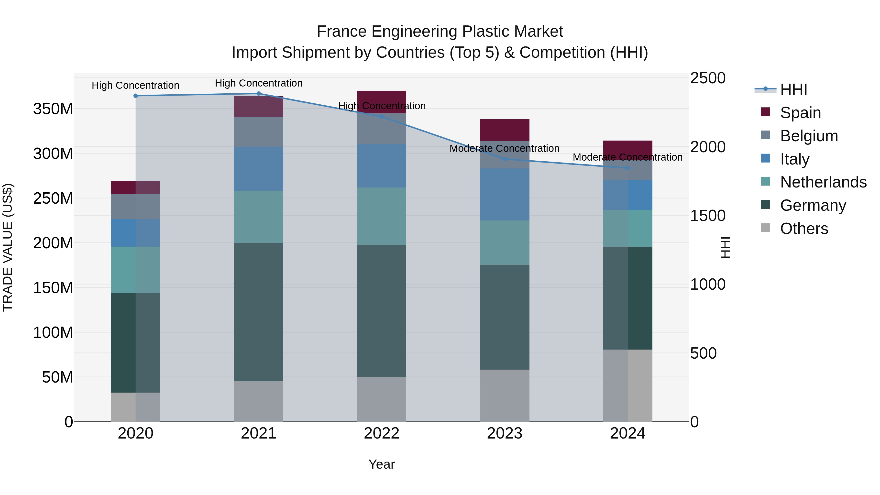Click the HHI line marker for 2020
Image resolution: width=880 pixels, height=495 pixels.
[x=136, y=96]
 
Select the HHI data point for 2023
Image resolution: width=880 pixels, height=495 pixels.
[x=505, y=159]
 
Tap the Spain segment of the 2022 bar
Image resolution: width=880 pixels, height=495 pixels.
[x=382, y=97]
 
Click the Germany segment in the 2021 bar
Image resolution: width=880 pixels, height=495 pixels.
[x=259, y=312]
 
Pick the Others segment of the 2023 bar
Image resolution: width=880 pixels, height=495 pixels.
[x=505, y=395]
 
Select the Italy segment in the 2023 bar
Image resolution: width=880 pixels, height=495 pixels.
[x=505, y=194]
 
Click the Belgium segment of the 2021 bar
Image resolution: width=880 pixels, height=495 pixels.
[x=259, y=132]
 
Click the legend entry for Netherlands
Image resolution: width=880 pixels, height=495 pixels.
[x=823, y=182]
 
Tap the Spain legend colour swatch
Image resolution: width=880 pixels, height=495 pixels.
[x=766, y=112]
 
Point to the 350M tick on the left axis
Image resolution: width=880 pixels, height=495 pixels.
[x=53, y=109]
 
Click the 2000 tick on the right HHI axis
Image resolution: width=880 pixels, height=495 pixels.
[x=707, y=147]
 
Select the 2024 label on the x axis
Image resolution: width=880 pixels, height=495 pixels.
[x=627, y=433]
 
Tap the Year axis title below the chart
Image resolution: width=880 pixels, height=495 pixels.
[x=382, y=464]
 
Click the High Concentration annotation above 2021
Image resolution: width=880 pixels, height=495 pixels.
[x=259, y=83]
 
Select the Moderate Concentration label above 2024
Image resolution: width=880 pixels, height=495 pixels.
[x=627, y=157]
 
